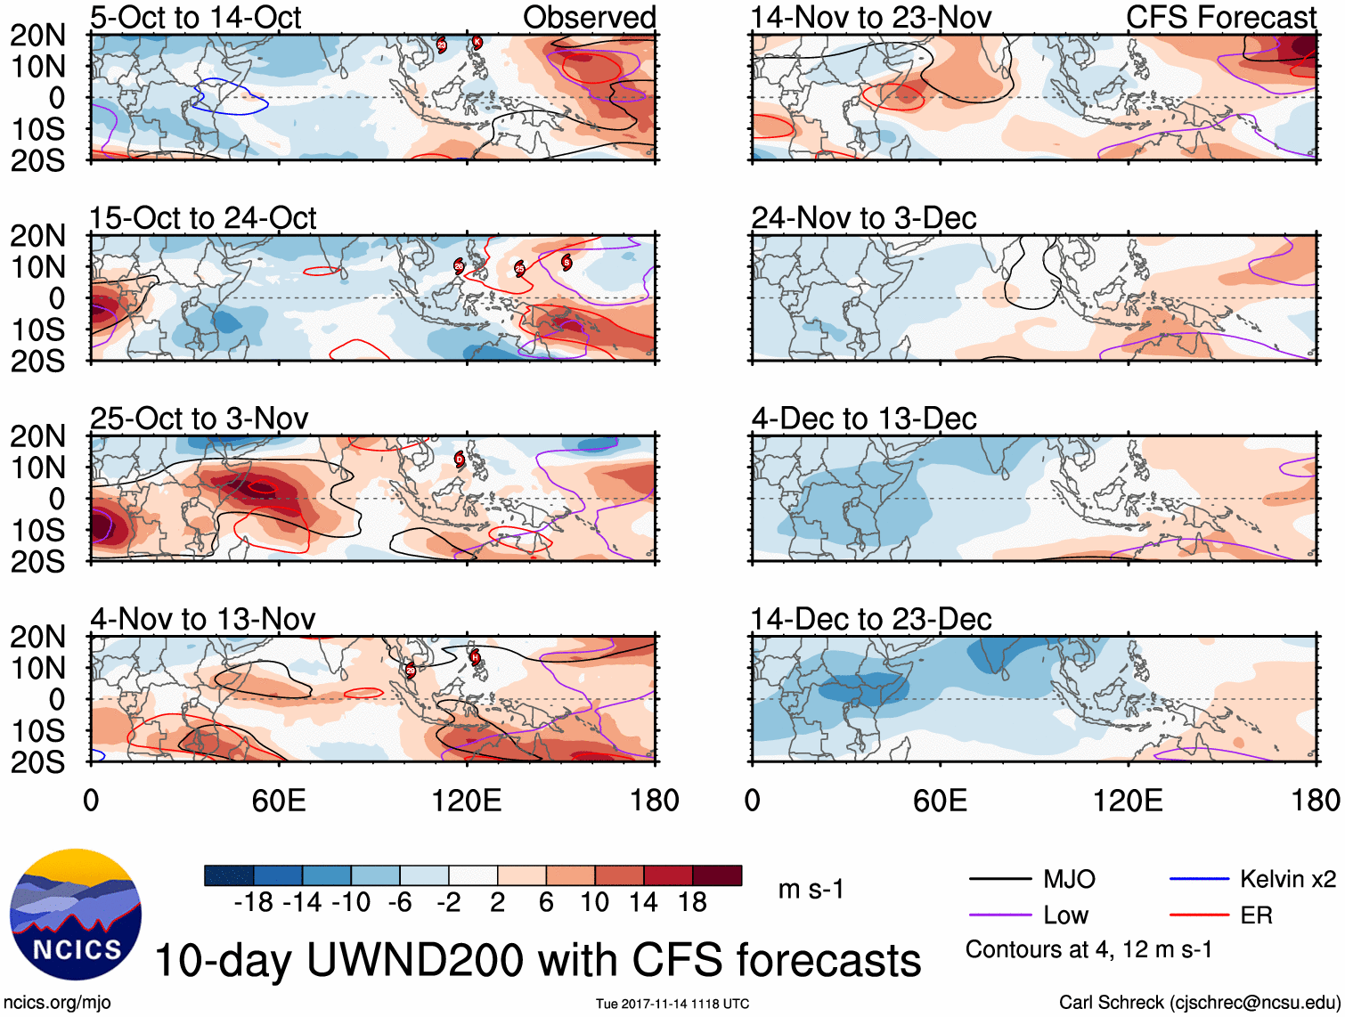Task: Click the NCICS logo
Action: pyautogui.click(x=75, y=915)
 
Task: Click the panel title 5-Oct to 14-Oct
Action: pyautogui.click(x=195, y=18)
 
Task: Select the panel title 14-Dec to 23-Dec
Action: pyautogui.click(x=870, y=619)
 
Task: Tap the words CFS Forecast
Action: pyautogui.click(x=1220, y=18)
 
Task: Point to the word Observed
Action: pyautogui.click(x=589, y=18)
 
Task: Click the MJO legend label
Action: pyautogui.click(x=1069, y=880)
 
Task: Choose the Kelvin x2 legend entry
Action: pyautogui.click(x=1287, y=880)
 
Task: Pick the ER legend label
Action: pyautogui.click(x=1256, y=915)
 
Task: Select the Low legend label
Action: pyautogui.click(x=1066, y=915)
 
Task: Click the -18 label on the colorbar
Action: pyautogui.click(x=253, y=903)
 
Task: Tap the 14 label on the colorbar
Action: pyautogui.click(x=643, y=903)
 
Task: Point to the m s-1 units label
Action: pyautogui.click(x=811, y=890)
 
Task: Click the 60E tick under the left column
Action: pyautogui.click(x=279, y=801)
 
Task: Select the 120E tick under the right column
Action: pyautogui.click(x=1128, y=801)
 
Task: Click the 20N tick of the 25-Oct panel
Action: pyautogui.click(x=37, y=436)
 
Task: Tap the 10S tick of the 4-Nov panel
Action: pyautogui.click(x=37, y=731)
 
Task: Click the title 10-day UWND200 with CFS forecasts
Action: pyautogui.click(x=538, y=961)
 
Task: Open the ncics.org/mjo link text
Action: pyautogui.click(x=57, y=1003)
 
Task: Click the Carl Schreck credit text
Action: pyautogui.click(x=1199, y=1003)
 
